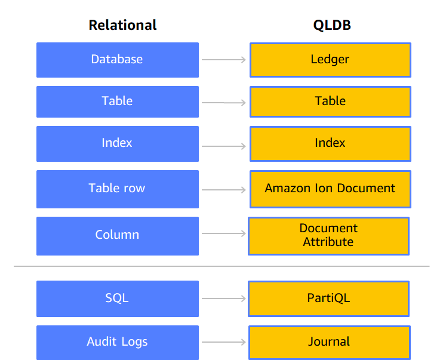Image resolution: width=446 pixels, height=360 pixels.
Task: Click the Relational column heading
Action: pos(122,25)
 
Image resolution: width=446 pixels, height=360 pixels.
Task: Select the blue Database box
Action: pos(117,60)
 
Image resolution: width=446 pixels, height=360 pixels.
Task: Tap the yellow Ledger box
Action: pos(330,60)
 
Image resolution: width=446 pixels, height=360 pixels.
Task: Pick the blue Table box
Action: pos(117,101)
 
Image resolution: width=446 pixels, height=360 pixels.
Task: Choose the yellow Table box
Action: pos(330,101)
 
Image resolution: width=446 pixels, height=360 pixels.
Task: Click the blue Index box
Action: pos(117,143)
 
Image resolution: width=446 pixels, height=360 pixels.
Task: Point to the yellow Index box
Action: pos(330,143)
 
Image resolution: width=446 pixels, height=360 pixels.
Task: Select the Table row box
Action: pos(117,189)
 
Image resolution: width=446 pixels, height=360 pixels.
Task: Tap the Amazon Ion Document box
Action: pos(330,189)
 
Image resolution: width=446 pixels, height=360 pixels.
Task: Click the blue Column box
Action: pos(117,235)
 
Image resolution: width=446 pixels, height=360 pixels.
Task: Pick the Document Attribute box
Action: pos(328,235)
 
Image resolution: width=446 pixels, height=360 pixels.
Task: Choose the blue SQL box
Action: pos(117,298)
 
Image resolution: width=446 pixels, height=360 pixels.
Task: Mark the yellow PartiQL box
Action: pos(328,298)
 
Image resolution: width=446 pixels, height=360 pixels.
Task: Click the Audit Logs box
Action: pos(117,342)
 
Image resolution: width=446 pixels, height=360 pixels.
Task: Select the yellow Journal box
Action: pos(329,342)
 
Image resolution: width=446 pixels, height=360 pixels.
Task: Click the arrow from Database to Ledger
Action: pos(224,60)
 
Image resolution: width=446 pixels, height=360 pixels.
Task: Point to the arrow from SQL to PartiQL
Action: pos(224,298)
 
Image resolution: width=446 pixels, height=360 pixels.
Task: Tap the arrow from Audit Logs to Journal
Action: pos(224,342)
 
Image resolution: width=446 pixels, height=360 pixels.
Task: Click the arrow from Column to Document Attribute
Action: pos(224,235)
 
